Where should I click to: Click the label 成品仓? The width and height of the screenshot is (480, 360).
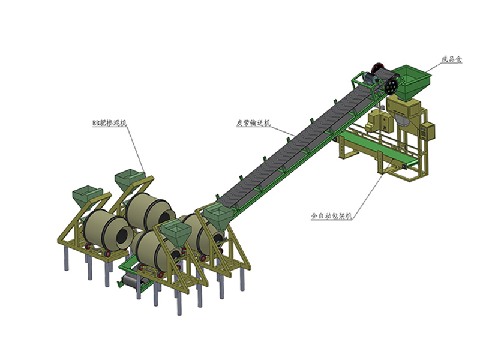[452, 59]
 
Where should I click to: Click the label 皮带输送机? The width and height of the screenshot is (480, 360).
[253, 123]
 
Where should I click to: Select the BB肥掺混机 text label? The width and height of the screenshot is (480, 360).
[109, 123]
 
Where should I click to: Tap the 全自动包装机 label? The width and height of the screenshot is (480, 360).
[331, 216]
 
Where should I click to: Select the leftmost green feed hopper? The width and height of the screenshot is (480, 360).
[86, 197]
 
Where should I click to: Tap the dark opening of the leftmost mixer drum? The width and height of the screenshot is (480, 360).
[122, 235]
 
